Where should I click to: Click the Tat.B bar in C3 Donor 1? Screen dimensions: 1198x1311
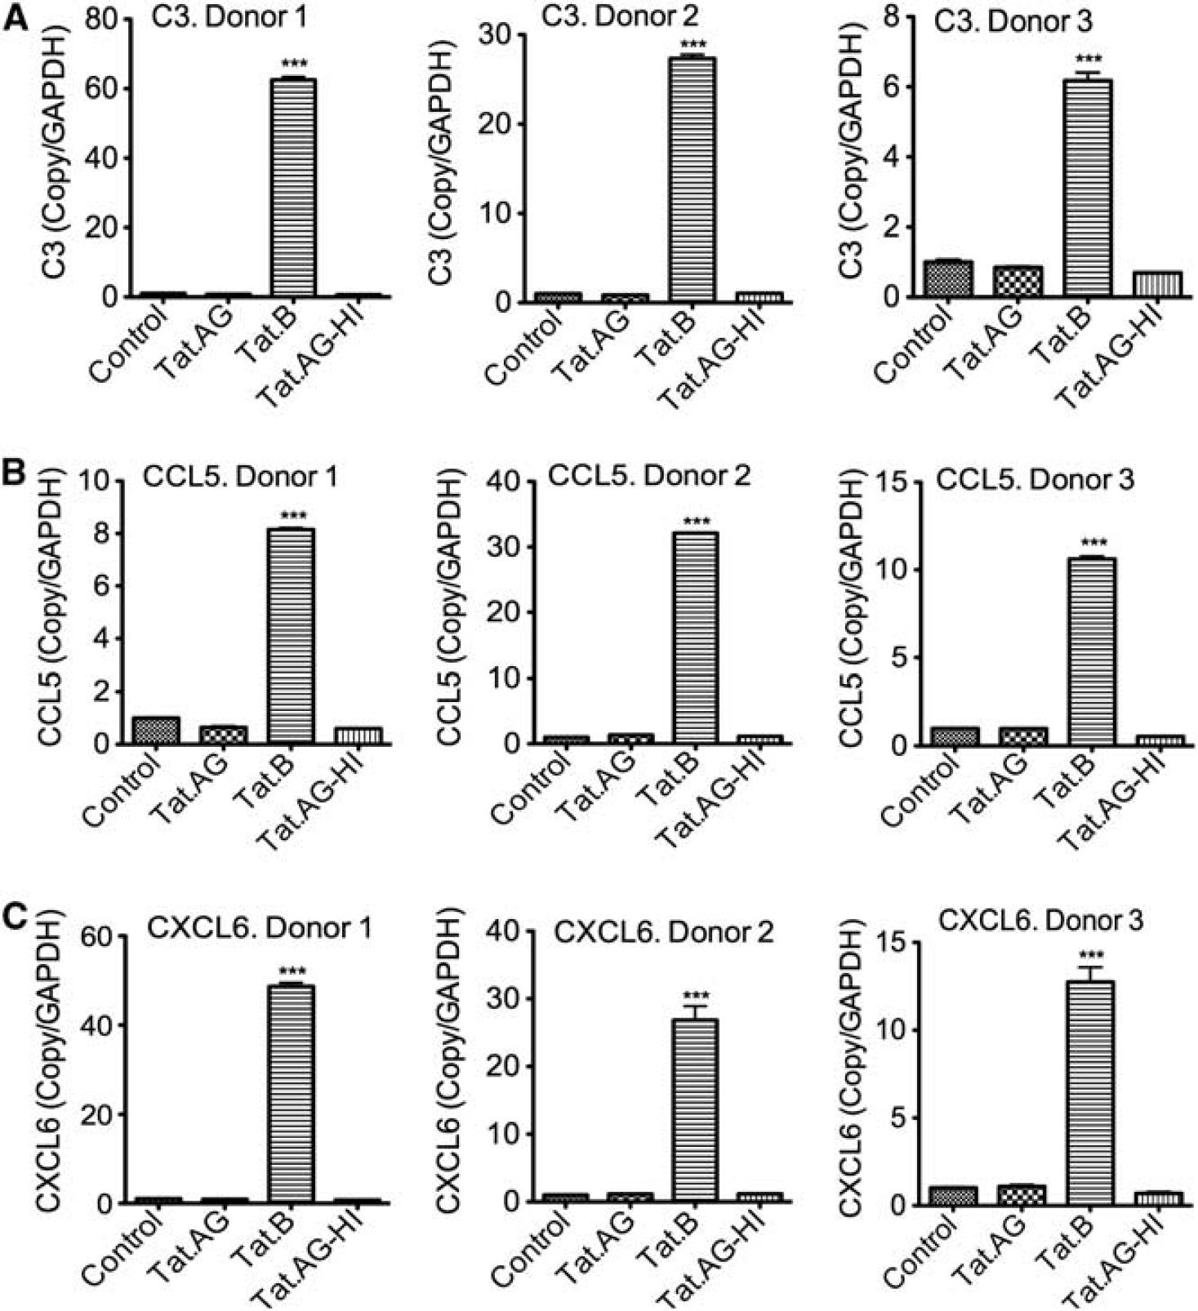pos(293,187)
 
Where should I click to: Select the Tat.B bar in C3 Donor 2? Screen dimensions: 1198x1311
pos(693,180)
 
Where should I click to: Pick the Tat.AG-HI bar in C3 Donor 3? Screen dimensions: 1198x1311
pos(1158,283)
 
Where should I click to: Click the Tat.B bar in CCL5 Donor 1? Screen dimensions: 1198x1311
pos(292,637)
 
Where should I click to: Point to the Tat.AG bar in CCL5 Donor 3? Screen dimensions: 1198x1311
pos(1022,736)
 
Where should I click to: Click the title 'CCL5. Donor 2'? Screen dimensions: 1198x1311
pos(649,476)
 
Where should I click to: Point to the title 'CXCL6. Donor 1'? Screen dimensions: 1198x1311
pos(260,928)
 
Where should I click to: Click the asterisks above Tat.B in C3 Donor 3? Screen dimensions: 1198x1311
pos(1089,59)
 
